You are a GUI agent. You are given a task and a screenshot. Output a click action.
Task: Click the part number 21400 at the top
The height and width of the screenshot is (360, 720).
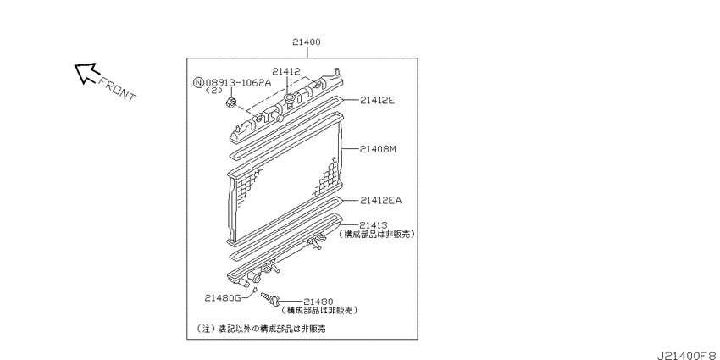pyautogui.click(x=307, y=42)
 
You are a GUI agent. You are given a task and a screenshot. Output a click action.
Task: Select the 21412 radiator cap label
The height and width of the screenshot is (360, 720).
pyautogui.click(x=285, y=72)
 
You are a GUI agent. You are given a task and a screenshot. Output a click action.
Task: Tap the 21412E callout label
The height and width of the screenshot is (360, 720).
pyautogui.click(x=377, y=100)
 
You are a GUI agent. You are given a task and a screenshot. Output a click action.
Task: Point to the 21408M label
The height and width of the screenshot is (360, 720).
pyautogui.click(x=378, y=149)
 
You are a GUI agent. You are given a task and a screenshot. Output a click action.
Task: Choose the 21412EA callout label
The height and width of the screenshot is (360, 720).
pyautogui.click(x=380, y=200)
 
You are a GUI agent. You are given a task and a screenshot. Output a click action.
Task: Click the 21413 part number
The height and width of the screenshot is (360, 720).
pyautogui.click(x=374, y=225)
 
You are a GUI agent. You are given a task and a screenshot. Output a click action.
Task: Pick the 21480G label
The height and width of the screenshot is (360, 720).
pyautogui.click(x=223, y=298)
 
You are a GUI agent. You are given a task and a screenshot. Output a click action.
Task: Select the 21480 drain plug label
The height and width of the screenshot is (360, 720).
pyautogui.click(x=318, y=302)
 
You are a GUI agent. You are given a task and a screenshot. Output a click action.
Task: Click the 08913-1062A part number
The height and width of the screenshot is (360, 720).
pyautogui.click(x=238, y=83)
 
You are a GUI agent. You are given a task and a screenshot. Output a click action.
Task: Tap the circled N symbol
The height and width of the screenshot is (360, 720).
pyautogui.click(x=198, y=83)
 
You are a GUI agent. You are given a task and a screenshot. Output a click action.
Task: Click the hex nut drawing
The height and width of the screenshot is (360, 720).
pyautogui.click(x=232, y=102)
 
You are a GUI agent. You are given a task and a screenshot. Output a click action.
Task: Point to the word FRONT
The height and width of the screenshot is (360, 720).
pyautogui.click(x=118, y=89)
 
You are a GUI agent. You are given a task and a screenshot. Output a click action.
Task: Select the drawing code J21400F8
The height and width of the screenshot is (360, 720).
pyautogui.click(x=688, y=355)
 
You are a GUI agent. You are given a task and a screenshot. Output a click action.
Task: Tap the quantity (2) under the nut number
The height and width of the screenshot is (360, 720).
pyautogui.click(x=213, y=91)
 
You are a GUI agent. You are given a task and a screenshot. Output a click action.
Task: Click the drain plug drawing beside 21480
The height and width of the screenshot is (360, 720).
pyautogui.click(x=270, y=298)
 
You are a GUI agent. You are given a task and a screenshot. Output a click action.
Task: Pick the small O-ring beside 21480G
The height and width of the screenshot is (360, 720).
pyautogui.click(x=255, y=290)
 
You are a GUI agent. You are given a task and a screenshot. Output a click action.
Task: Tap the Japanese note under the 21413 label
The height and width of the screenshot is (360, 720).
pyautogui.click(x=377, y=234)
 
